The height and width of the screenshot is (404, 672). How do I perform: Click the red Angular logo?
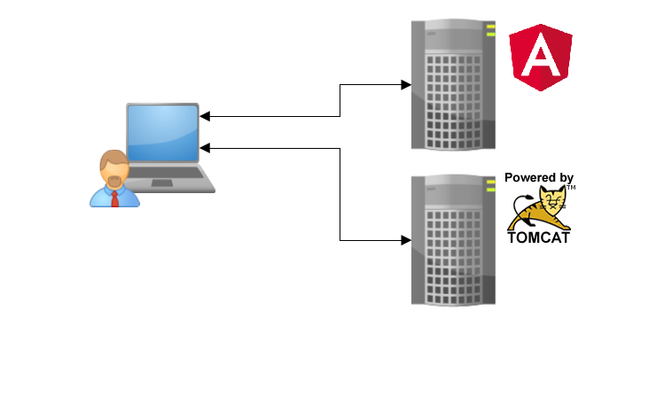[x=540, y=58]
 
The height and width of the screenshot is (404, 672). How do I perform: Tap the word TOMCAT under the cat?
[x=538, y=237]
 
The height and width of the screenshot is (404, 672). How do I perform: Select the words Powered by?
[x=539, y=178]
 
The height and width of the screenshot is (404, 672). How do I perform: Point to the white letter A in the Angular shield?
[x=540, y=59]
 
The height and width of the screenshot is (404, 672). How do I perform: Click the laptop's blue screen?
[x=162, y=134]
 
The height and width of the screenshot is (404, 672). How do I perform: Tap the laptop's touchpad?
[x=162, y=183]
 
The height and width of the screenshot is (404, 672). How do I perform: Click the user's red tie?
[x=114, y=198]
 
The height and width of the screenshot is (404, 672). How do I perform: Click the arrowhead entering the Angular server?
[x=405, y=85]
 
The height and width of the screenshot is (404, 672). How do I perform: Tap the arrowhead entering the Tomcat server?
[x=405, y=240]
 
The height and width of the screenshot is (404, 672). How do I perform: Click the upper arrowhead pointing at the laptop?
[x=205, y=116]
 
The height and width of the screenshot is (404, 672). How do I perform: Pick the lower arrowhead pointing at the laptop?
[x=205, y=147]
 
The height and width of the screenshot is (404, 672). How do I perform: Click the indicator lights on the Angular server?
[x=489, y=31]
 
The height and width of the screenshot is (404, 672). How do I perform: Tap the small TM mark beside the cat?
[x=572, y=188]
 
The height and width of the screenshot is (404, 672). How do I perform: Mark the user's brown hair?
[x=113, y=159]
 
